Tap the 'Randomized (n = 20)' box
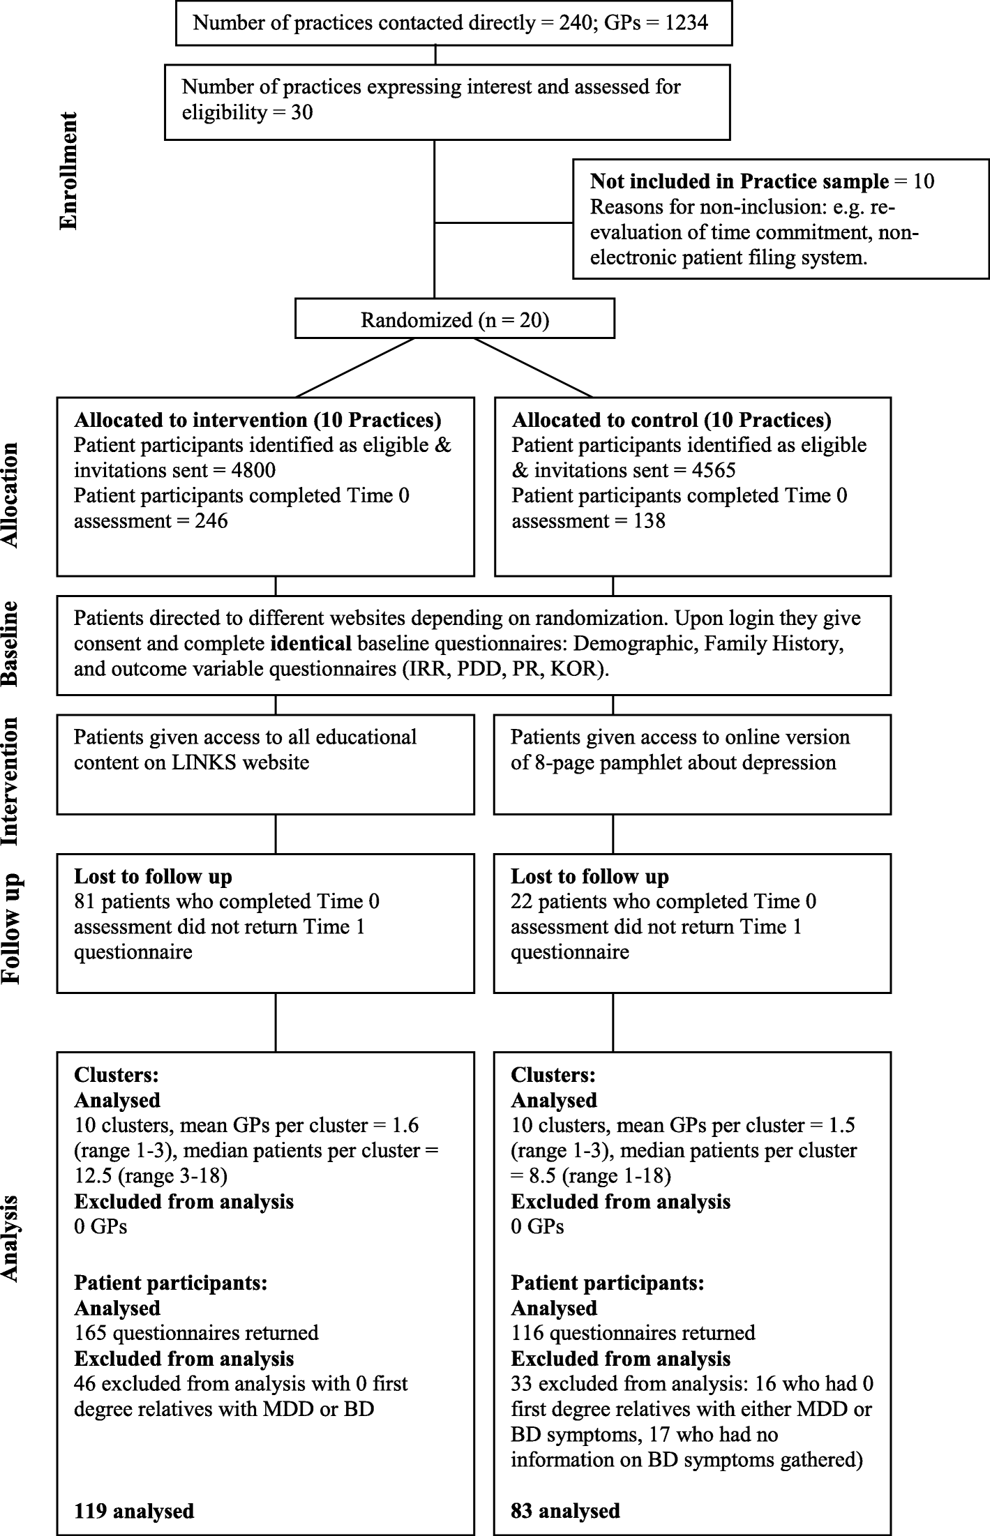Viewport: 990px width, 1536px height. tap(454, 319)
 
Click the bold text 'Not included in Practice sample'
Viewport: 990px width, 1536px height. tap(740, 181)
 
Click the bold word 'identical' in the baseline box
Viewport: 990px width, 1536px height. tap(310, 643)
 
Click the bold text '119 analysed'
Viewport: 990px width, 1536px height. tap(134, 1511)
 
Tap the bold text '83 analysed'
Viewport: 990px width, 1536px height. tap(565, 1511)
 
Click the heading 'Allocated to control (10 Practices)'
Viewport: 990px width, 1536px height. tap(671, 420)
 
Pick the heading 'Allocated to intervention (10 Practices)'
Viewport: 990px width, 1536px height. tap(257, 420)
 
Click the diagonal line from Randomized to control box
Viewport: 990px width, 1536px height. tap(534, 368)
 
